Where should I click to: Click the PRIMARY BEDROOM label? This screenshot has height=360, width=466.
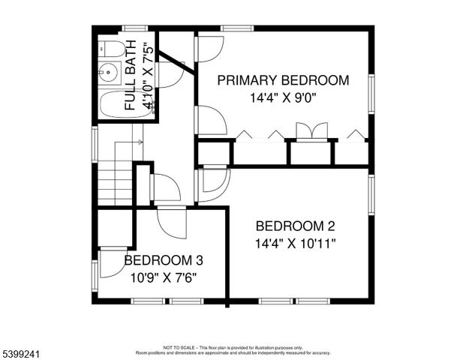point(283,80)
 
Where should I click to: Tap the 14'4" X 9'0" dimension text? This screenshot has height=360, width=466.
point(283,97)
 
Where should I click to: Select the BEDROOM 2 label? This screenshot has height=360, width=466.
point(295,226)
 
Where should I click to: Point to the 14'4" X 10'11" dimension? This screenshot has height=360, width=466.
point(295,243)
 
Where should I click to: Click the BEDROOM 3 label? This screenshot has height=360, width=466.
point(163,260)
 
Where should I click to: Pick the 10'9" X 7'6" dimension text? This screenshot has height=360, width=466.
point(163,277)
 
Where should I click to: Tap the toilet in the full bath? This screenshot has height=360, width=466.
point(113,49)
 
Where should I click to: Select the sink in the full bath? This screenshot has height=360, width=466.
point(109,73)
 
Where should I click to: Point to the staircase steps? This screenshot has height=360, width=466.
point(115,184)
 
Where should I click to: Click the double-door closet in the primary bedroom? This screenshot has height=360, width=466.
point(311,132)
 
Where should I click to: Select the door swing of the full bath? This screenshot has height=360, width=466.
point(170,75)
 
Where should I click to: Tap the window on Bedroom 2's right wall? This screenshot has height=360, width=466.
point(371,194)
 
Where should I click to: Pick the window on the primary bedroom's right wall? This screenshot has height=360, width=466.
point(371,94)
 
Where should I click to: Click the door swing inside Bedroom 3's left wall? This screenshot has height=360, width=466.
point(113,262)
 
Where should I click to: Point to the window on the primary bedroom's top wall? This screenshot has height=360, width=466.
point(236,28)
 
